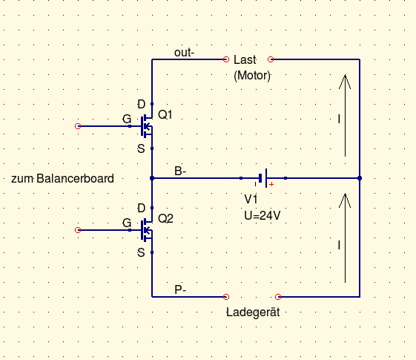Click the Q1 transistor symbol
click(x=147, y=126)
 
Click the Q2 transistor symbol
click(x=147, y=230)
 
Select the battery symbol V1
click(x=263, y=178)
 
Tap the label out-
click(x=184, y=53)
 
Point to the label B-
click(x=180, y=171)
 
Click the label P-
click(x=180, y=289)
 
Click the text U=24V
click(x=262, y=215)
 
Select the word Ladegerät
click(x=253, y=312)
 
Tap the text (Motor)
click(x=252, y=76)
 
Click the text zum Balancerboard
click(x=62, y=178)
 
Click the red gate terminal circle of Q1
click(x=78, y=126)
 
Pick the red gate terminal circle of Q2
click(x=78, y=230)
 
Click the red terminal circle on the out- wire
click(x=226, y=59)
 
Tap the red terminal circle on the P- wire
click(x=226, y=297)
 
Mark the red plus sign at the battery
click(x=271, y=184)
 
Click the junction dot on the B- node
click(x=152, y=178)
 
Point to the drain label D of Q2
click(x=142, y=208)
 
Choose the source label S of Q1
click(x=141, y=148)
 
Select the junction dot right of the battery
click(x=360, y=178)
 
